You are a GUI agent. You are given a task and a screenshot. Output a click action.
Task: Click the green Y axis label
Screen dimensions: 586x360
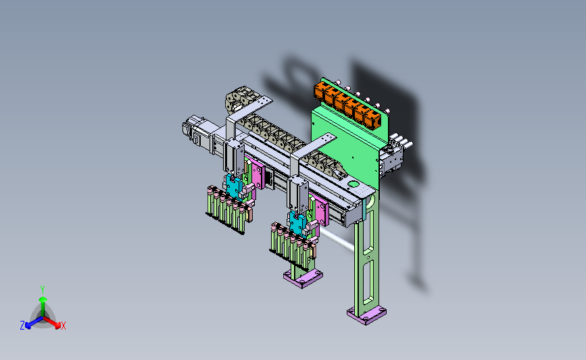point(43,290)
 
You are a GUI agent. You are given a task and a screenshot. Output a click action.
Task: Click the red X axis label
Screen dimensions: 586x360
point(63,326)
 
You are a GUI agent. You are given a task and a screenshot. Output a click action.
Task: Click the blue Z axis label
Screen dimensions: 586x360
point(22,326)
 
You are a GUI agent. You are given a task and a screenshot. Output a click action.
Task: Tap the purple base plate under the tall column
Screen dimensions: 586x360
point(366,315)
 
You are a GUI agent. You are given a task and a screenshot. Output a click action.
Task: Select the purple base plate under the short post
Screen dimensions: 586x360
point(303,278)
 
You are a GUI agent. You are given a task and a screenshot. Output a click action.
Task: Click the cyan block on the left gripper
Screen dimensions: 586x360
point(235,187)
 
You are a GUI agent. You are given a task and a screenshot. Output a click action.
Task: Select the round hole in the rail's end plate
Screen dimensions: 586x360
point(353,184)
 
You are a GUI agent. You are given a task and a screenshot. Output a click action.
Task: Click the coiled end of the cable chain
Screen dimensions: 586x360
point(235,99)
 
